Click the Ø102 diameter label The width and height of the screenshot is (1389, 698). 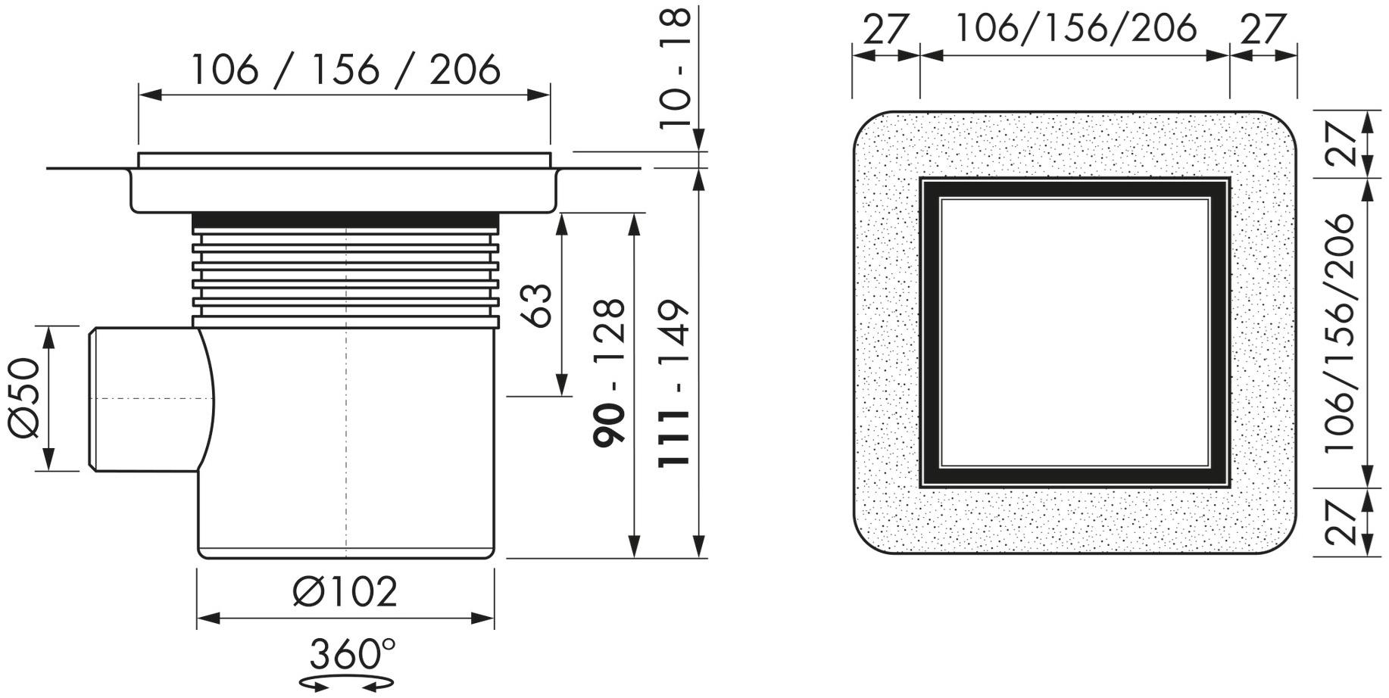coord(345,592)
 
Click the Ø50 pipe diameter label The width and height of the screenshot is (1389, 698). coord(23,398)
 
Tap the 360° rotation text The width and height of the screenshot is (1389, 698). coord(353,654)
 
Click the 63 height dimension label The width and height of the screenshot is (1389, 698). coord(538,305)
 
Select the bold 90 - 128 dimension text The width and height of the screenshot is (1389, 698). coord(610,372)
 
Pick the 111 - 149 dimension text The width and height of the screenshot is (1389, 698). coord(673,384)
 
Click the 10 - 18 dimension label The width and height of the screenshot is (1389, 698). coord(674,70)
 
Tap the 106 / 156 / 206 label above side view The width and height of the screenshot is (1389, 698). coord(345,70)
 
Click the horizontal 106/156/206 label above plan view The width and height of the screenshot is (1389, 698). coord(1076,28)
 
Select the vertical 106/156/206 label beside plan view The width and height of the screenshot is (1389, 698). coord(1340,334)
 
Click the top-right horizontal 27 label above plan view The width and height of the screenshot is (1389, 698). coord(1263,30)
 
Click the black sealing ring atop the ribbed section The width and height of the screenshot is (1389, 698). coord(345,221)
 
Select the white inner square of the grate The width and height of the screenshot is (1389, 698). coord(1075,332)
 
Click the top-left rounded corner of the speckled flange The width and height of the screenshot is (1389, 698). coord(871,129)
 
